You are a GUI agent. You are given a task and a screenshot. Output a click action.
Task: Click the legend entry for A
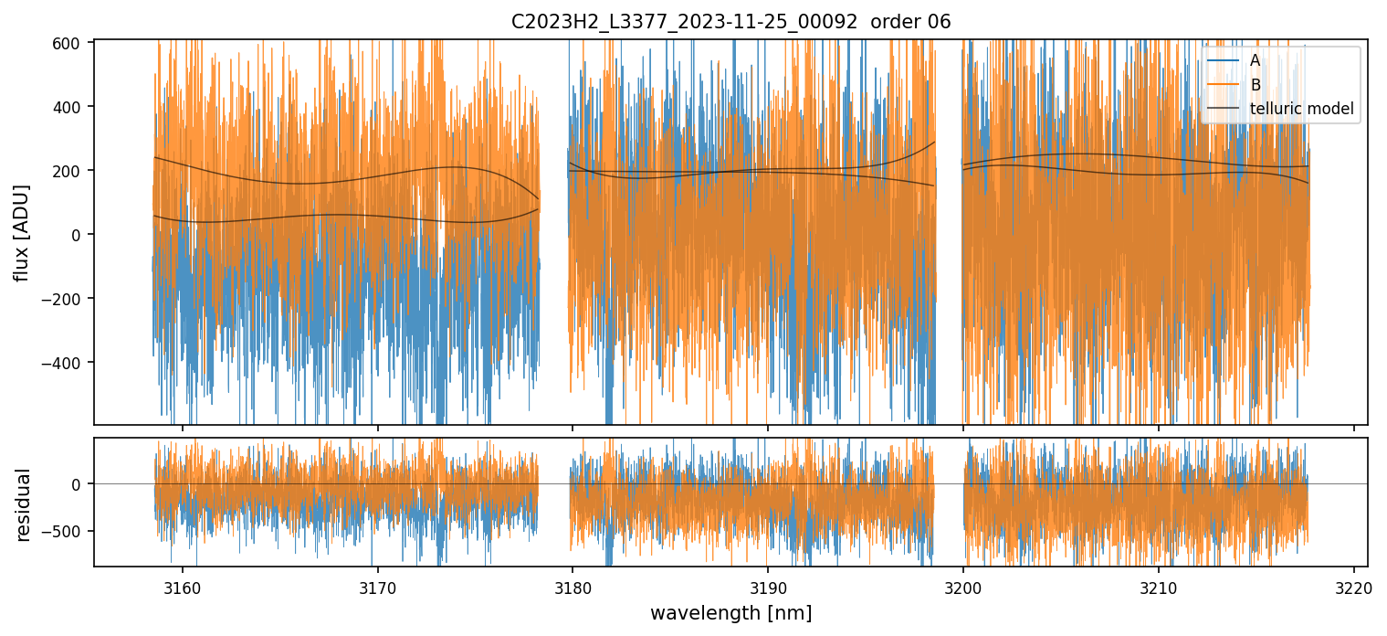(x=1255, y=60)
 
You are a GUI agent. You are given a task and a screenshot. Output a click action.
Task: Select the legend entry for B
(x=1256, y=85)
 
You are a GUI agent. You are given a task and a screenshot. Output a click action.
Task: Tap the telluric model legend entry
(x=1301, y=110)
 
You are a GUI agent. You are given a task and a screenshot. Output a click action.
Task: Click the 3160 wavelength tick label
(x=183, y=585)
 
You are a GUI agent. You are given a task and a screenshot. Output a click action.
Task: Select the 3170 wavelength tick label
(x=377, y=585)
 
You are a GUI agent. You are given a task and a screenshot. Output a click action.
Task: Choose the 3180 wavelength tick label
(x=573, y=585)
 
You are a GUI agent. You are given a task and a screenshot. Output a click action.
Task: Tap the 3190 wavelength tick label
(x=768, y=585)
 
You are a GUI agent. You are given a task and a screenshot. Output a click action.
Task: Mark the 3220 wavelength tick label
(x=1353, y=585)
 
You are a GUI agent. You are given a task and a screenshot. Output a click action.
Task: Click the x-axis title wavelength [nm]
(x=730, y=612)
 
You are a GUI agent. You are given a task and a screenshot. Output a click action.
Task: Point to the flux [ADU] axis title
(x=21, y=232)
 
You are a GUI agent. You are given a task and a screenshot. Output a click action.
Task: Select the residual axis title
(x=24, y=504)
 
